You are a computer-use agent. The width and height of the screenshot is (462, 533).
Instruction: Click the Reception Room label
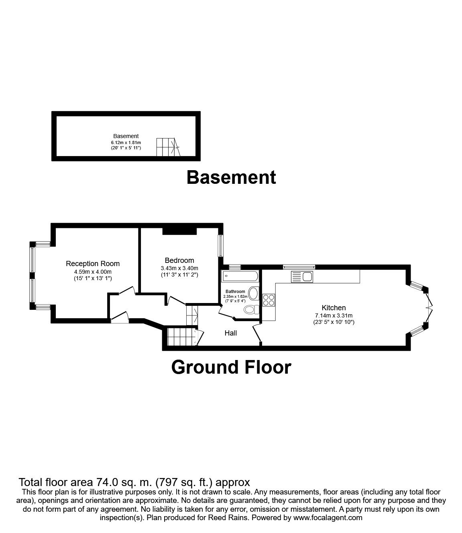(93, 264)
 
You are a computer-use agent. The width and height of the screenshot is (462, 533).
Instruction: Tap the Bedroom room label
(179, 260)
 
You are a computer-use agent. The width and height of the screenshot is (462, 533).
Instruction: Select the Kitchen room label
(334, 307)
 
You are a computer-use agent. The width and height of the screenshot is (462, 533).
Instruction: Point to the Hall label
(231, 333)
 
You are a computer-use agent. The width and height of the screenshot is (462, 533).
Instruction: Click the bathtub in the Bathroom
(240, 276)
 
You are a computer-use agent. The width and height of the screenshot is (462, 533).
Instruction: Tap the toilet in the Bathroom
(252, 309)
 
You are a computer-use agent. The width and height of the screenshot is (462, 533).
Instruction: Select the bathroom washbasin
(254, 293)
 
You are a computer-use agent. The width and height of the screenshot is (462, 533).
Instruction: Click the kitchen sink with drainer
(302, 277)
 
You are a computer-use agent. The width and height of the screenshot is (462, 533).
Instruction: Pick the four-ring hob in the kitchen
(269, 300)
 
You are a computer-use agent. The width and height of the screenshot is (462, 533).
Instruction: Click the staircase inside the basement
(168, 147)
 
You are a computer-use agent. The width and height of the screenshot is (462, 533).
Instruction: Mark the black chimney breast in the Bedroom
(179, 231)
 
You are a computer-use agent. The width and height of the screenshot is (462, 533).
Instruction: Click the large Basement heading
(231, 178)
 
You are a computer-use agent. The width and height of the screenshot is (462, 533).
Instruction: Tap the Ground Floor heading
(231, 367)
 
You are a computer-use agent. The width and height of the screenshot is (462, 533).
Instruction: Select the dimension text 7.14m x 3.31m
(334, 315)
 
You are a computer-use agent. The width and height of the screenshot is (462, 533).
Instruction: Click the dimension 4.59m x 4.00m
(93, 272)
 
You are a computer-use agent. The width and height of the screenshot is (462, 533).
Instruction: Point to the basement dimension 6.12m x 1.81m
(126, 142)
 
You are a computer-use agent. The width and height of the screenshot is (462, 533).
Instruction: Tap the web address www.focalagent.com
(328, 517)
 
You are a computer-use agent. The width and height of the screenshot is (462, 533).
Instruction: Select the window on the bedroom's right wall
(220, 246)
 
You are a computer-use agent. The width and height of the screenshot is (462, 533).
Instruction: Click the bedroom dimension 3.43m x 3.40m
(179, 268)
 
